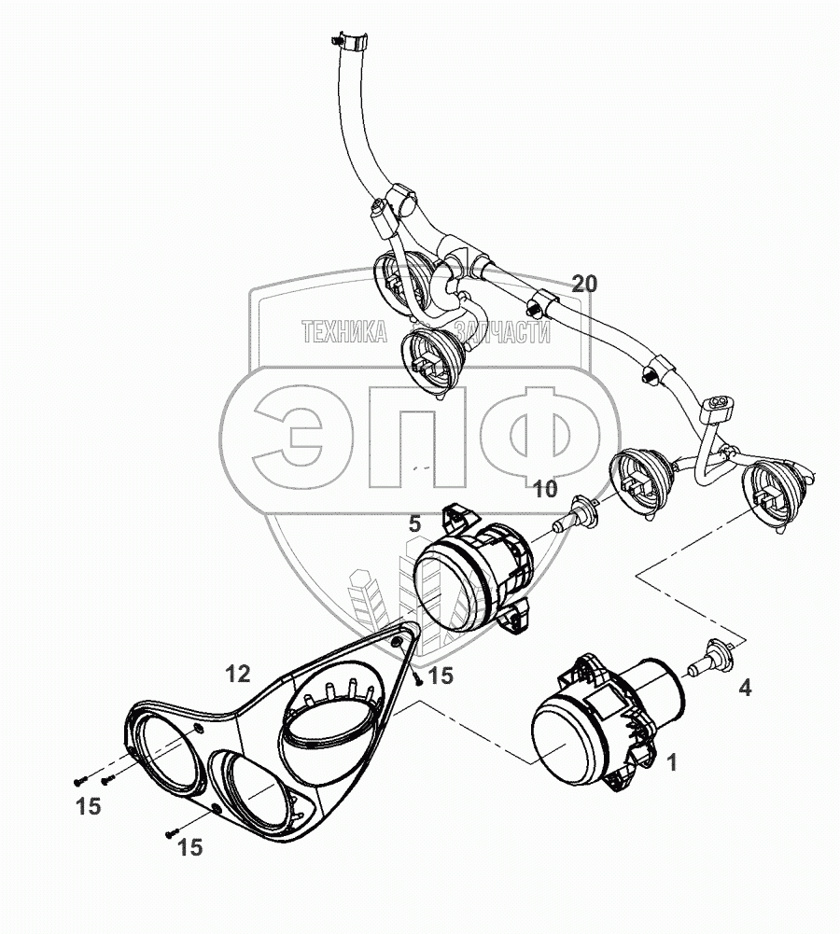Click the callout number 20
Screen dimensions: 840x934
pyautogui.click(x=584, y=285)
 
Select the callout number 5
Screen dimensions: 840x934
pyautogui.click(x=414, y=524)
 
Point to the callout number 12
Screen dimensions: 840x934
pyautogui.click(x=237, y=675)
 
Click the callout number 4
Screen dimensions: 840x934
pyautogui.click(x=745, y=688)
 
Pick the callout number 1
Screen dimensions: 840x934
pyautogui.click(x=672, y=762)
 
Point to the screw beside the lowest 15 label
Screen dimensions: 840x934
pyautogui.click(x=172, y=834)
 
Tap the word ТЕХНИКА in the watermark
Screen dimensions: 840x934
pyautogui.click(x=344, y=332)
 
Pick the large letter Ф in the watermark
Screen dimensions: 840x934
pyautogui.click(x=541, y=434)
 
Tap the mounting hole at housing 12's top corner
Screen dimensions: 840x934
pyautogui.click(x=396, y=641)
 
